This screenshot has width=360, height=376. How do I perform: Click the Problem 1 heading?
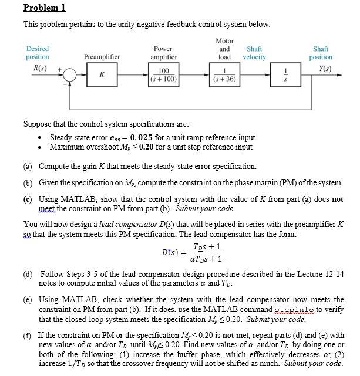point(44,8)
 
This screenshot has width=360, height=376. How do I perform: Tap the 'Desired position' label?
point(38,53)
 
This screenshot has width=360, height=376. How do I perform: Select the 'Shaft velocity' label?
point(254,53)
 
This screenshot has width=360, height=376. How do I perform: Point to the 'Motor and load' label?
point(225,49)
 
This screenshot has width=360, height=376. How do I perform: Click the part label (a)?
point(28,167)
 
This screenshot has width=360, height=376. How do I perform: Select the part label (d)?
point(28,274)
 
